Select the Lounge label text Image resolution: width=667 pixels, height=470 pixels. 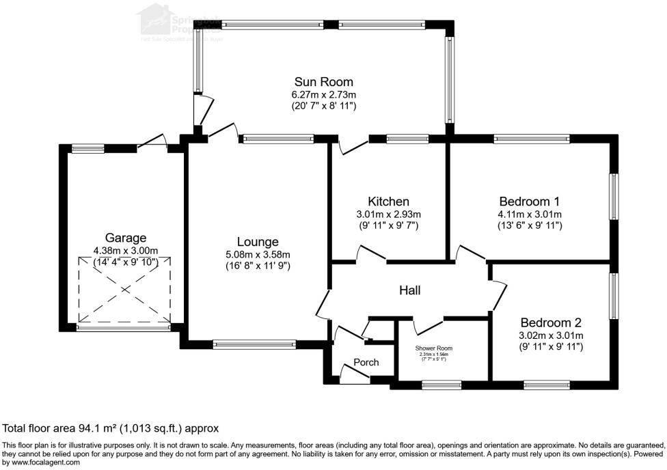click(258, 242)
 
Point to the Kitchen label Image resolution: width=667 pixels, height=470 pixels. click(388, 202)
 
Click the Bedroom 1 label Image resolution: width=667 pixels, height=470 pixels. click(530, 202)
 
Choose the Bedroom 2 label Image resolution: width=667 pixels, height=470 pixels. click(551, 322)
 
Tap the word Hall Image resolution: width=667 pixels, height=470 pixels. click(409, 290)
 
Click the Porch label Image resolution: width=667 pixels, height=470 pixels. click(366, 362)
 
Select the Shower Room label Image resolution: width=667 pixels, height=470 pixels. click(434, 348)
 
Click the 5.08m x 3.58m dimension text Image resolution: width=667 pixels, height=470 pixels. click(258, 255)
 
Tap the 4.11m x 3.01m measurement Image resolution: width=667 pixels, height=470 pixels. click(530, 215)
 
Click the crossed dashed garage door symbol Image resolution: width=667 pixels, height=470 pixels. click(124, 290)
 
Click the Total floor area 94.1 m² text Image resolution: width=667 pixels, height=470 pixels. click(111, 428)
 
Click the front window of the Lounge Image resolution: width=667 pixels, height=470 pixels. click(254, 344)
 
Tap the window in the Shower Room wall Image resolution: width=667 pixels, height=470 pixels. click(441, 385)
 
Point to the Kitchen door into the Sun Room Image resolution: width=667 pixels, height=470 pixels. click(353, 145)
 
